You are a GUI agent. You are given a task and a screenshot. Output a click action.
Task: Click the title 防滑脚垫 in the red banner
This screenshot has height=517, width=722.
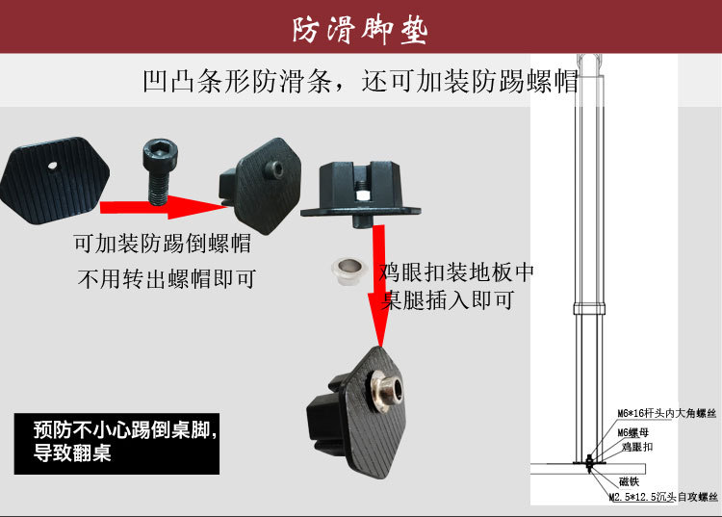pos(360,29)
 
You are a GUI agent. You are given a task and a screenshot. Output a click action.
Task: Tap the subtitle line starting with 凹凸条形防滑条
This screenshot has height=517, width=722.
pos(360,81)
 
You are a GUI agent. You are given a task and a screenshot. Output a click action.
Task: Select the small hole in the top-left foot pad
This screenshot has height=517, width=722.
pos(53,164)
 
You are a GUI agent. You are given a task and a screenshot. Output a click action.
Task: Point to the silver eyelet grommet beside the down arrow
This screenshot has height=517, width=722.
pos(348,271)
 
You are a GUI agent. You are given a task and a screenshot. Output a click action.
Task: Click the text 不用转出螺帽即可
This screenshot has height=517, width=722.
pos(166,280)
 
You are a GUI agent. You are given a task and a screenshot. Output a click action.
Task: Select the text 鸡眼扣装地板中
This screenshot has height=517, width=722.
pos(457,271)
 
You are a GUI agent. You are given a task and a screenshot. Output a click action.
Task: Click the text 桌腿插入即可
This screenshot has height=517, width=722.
pos(448,299)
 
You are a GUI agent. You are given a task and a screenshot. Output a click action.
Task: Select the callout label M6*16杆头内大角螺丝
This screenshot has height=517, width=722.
pos(667,415)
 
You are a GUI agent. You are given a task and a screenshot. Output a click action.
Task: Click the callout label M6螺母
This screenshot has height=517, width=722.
pos(635,432)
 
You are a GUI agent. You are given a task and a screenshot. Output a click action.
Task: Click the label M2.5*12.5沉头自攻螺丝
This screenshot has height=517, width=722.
pos(662,498)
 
